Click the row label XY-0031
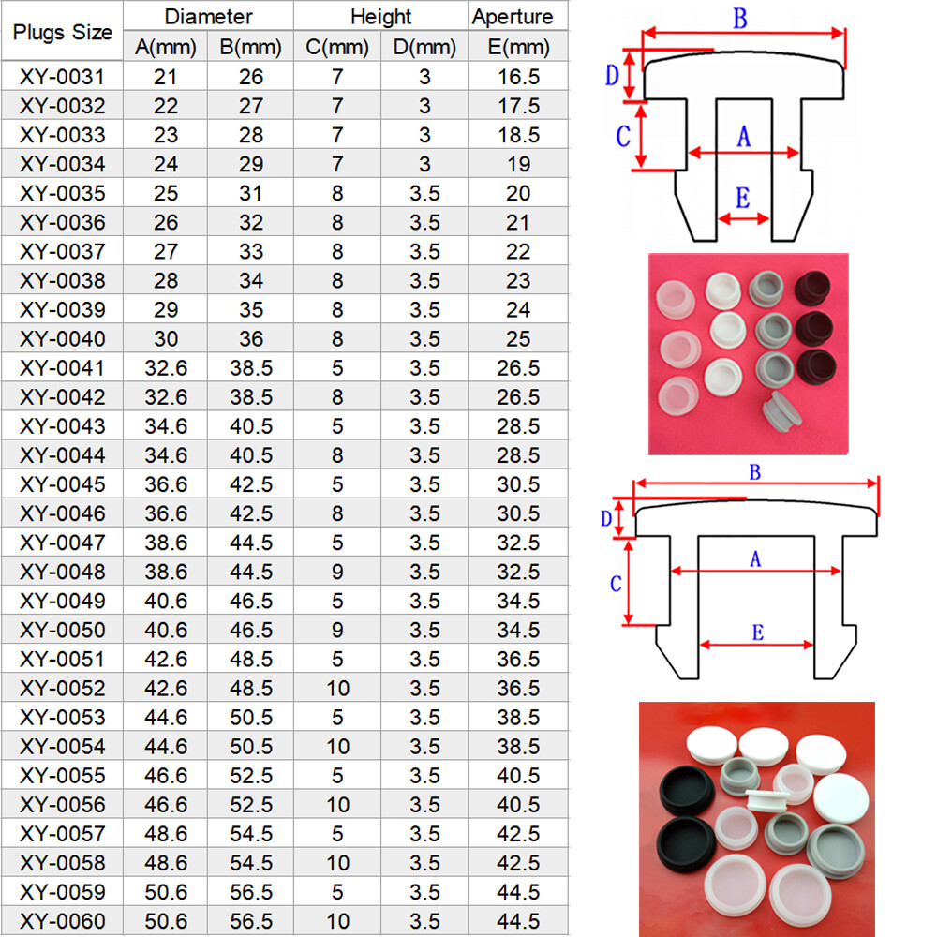point(62,77)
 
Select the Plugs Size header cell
point(62,32)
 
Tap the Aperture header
point(513,17)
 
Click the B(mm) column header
point(250,47)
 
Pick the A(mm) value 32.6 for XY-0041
point(166,368)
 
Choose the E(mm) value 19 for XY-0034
point(518,164)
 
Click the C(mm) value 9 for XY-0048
point(337,572)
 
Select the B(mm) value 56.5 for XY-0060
point(251,921)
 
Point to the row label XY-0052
point(62,689)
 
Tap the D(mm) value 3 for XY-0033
point(424,135)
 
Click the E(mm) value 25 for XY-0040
point(518,339)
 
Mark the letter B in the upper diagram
point(740,19)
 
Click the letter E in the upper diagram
point(742,198)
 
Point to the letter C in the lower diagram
point(616,584)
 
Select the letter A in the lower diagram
point(755,559)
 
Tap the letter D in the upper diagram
point(612,75)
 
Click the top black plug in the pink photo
point(812,288)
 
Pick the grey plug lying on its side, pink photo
point(781,411)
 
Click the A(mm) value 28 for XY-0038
point(166,281)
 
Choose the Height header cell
point(380,17)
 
